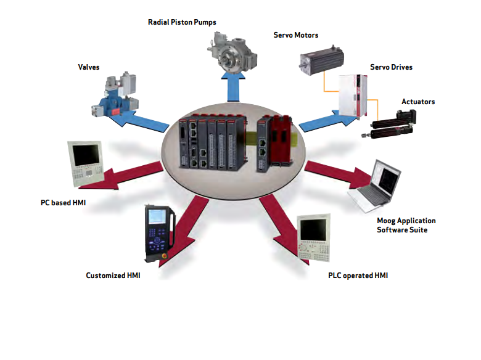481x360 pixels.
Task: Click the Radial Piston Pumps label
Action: tap(182, 22)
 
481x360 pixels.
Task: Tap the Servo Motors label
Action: tap(296, 35)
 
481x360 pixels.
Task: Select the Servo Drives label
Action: tap(391, 67)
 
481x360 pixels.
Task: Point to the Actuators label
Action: tap(418, 101)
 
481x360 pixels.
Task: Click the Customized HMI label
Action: tap(113, 275)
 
